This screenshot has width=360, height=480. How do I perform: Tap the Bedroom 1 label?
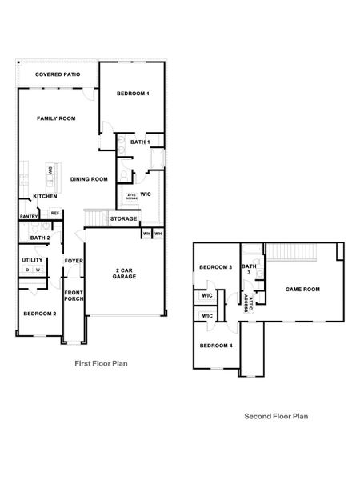[133, 94]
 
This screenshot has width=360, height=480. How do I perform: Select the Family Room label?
[56, 118]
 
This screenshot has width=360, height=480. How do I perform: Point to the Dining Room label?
[89, 179]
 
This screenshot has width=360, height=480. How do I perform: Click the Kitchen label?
[44, 197]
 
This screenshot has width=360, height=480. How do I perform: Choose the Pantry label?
[29, 215]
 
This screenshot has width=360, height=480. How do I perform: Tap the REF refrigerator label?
[54, 213]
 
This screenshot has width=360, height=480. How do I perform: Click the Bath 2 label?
[40, 238]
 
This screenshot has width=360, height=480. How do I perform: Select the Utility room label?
[32, 260]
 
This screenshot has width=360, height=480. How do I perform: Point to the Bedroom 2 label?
[39, 314]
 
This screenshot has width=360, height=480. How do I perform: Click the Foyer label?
[74, 261]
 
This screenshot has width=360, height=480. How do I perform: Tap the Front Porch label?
[74, 296]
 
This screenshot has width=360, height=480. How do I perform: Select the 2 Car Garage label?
[124, 272]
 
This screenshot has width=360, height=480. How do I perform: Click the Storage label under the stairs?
[123, 218]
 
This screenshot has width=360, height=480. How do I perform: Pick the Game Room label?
[302, 289]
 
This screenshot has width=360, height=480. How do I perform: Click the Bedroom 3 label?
[215, 267]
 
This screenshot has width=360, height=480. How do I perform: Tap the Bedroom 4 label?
[215, 345]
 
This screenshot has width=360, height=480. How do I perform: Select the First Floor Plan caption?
[101, 362]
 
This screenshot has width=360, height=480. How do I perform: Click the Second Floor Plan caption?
[276, 416]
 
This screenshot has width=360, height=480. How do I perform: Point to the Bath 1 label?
[142, 142]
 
